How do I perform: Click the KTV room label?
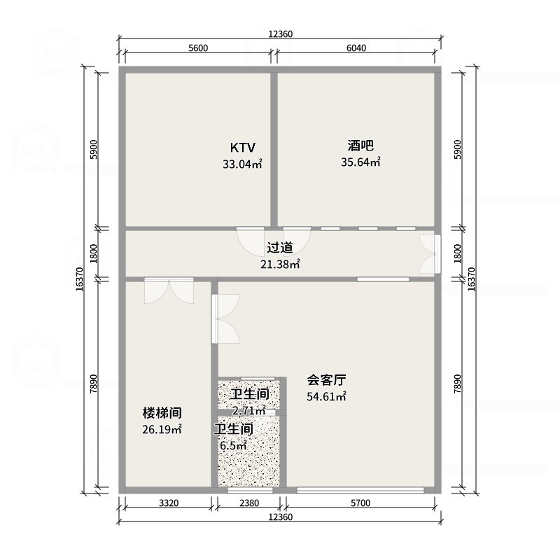[x=243, y=148]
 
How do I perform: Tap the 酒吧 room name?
[x=360, y=146]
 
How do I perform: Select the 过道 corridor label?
[x=279, y=248]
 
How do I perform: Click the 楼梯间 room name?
[x=162, y=412]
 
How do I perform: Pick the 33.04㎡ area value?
[x=242, y=165]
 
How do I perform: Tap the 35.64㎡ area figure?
[x=360, y=162]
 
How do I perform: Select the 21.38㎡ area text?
[x=280, y=264]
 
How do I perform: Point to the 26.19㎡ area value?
[x=162, y=429]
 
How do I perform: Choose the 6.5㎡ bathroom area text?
[x=233, y=445]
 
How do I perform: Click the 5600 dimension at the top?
[x=198, y=48]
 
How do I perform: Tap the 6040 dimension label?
[x=356, y=48]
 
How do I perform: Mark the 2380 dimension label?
[x=248, y=503]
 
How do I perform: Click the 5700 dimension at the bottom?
[x=360, y=503]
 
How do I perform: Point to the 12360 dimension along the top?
[x=280, y=34]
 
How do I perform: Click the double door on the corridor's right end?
[x=428, y=253]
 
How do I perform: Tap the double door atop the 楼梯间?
[x=169, y=289]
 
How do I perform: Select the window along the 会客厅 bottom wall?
[x=360, y=490]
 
